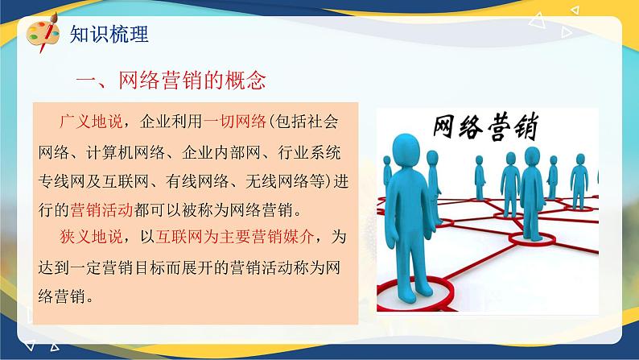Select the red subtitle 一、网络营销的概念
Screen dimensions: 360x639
click(x=170, y=81)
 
